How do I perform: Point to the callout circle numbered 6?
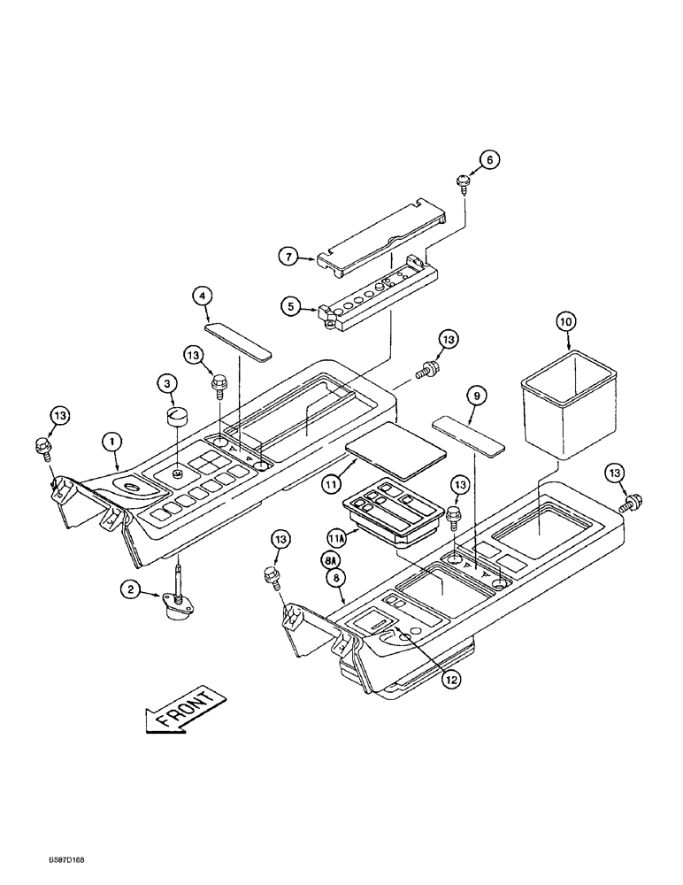coord(490,160)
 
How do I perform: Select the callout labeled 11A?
coord(336,536)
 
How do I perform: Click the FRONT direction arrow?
coord(181,708)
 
